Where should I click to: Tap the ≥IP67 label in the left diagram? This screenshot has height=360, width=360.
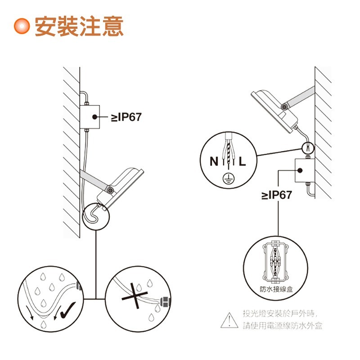(x=126, y=117)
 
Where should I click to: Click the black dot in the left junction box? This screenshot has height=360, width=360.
(x=95, y=117)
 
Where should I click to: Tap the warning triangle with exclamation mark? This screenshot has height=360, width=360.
(x=229, y=320)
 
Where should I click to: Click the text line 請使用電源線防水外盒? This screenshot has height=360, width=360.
(x=283, y=326)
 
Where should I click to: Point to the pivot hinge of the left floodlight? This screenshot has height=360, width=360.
(x=109, y=190)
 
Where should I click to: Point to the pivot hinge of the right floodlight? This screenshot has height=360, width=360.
(x=284, y=106)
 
